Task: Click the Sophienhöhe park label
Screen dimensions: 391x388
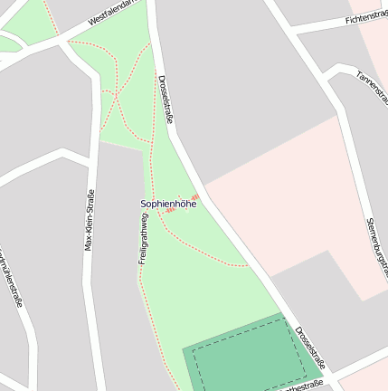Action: (x=168, y=204)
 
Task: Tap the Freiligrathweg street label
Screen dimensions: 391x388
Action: (x=144, y=238)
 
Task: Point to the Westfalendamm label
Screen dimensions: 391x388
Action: (x=116, y=12)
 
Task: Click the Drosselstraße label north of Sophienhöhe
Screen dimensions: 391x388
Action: (x=166, y=100)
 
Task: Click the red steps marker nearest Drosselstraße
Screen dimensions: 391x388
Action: (x=194, y=196)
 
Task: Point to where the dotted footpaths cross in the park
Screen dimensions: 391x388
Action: (x=117, y=93)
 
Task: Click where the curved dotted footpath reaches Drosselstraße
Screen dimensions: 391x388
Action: (x=247, y=266)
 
